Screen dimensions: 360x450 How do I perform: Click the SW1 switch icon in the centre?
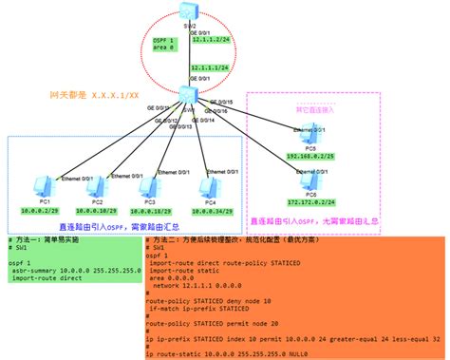pos(184,93)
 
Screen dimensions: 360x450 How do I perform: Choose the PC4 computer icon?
pos(210,186)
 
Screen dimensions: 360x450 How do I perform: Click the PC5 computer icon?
pos(309,132)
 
